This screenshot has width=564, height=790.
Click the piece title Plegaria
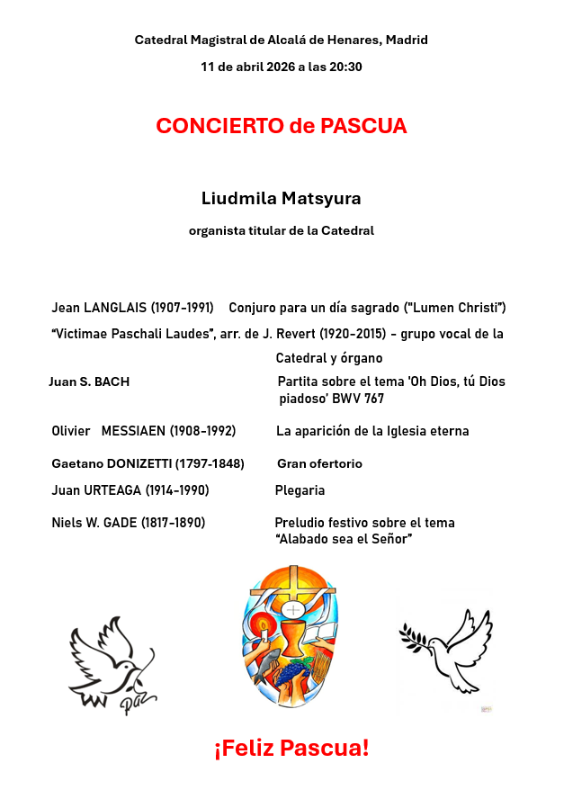pos(300,490)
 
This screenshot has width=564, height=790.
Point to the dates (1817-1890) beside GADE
pos(173,523)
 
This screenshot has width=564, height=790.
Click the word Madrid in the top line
pos(407,40)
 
